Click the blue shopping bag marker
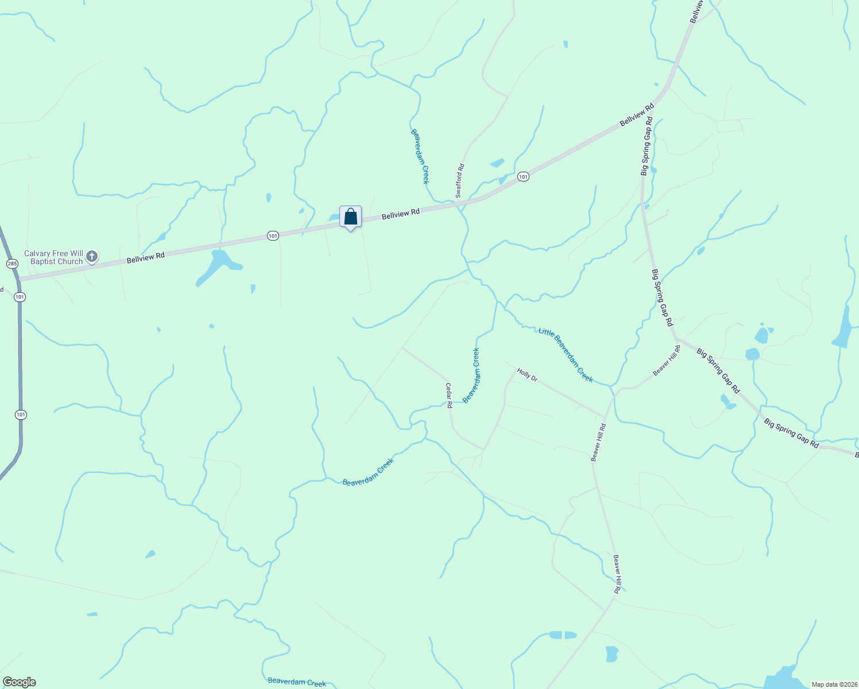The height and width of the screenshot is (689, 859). click(350, 218)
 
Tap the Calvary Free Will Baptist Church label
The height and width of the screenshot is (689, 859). click(53, 257)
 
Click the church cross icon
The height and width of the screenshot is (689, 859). click(92, 257)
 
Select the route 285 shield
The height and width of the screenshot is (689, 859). click(12, 264)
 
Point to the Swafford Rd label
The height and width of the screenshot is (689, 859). click(459, 181)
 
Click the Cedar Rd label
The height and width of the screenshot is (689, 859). click(449, 396)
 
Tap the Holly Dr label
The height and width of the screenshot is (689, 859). click(527, 375)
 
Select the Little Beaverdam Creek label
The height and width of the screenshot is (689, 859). click(566, 354)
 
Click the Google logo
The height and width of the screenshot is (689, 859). click(20, 682)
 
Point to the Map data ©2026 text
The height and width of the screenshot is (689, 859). click(833, 684)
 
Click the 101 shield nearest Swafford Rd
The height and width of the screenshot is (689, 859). click(523, 177)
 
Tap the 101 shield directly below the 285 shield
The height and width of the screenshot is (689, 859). click(20, 297)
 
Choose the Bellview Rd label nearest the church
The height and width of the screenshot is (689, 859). click(145, 257)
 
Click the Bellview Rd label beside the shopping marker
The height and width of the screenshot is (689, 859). click(401, 214)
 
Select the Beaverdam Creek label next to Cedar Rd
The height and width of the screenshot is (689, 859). click(471, 376)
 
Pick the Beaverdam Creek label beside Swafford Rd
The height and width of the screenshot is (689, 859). click(420, 156)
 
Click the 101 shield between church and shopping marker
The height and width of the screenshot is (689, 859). click(273, 236)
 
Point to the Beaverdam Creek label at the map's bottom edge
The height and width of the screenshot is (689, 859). click(297, 682)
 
